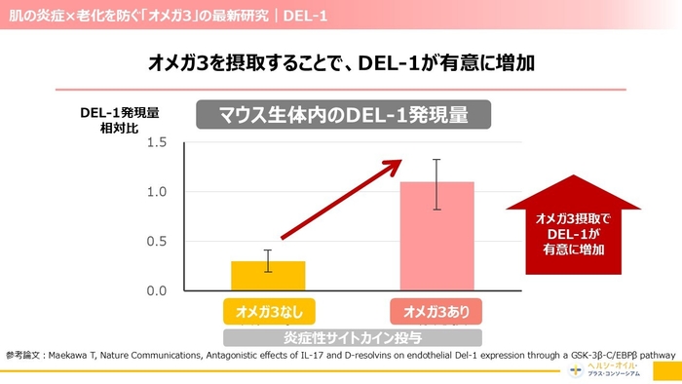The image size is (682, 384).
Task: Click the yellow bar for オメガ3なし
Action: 254,276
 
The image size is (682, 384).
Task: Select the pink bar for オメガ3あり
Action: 436,236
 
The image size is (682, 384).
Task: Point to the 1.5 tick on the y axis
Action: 157,143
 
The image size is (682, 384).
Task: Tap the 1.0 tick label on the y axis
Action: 157,192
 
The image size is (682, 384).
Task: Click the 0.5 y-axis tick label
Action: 157,242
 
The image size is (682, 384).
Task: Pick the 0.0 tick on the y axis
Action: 157,290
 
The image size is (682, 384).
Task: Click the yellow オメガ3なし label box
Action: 254,311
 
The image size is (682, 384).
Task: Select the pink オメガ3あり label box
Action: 436,311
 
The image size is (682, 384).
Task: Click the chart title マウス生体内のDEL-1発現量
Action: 343,115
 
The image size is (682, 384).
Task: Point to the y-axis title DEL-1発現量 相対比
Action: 119,120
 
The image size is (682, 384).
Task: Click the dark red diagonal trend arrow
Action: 341,199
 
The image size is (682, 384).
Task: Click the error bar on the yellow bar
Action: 254,261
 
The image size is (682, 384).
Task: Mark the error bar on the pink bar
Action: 437,184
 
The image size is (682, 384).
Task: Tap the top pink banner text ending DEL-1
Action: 166,15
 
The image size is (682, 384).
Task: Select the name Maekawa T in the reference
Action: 77,357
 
